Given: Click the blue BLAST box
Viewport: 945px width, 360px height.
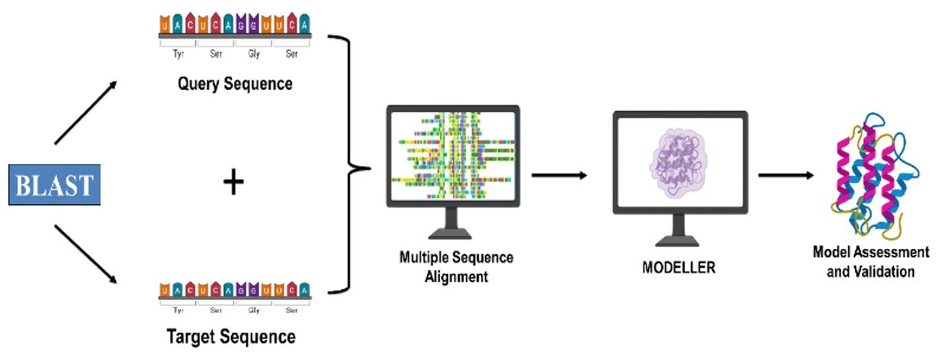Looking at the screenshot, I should coord(54,186).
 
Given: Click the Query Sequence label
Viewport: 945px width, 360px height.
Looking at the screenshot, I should coord(234,84).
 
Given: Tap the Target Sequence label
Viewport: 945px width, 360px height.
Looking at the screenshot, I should coord(232,337).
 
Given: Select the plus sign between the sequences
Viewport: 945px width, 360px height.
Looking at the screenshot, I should coord(233,183).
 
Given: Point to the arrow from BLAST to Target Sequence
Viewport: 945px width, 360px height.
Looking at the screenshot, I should coord(87,255).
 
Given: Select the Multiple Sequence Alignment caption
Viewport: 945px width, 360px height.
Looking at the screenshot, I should coord(446,268).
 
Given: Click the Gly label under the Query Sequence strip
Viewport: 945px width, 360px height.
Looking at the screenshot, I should coord(254,55).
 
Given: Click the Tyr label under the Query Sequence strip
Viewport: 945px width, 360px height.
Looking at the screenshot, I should coord(178,55).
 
